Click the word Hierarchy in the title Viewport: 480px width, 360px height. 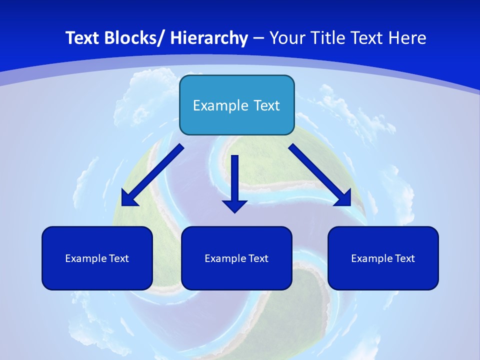point(209,38)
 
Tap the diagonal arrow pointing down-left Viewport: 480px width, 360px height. point(155,172)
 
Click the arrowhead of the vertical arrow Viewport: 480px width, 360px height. point(235,205)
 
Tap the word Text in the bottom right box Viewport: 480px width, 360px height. point(404,258)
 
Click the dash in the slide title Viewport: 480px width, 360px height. point(258,38)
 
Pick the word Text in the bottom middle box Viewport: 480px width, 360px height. point(258,258)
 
